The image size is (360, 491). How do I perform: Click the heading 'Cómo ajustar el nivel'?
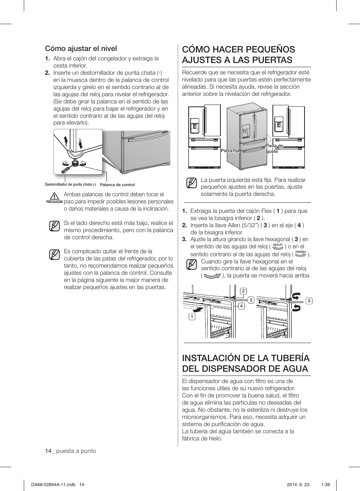[81, 48]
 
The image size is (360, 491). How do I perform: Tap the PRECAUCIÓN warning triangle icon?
[54, 196]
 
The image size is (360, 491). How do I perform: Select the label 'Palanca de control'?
[117, 185]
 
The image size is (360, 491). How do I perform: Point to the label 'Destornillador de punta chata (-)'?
[70, 185]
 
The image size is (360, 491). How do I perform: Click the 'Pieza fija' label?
[230, 151]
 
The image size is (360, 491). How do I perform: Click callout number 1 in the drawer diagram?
[192, 317]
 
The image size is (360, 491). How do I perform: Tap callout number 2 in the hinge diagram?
[243, 291]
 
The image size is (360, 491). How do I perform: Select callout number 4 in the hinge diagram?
[242, 306]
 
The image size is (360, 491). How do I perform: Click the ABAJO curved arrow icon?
[278, 247]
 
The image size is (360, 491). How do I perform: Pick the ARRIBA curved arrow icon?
[300, 254]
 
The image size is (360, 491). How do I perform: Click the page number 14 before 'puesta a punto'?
[48, 451]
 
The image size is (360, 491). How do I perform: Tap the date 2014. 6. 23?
[298, 485]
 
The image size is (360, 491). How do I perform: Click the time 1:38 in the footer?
[325, 485]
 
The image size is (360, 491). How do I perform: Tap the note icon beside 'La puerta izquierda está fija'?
[192, 183]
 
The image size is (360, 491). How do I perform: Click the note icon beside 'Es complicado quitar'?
[54, 254]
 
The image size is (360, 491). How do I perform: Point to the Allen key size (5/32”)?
[252, 225]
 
